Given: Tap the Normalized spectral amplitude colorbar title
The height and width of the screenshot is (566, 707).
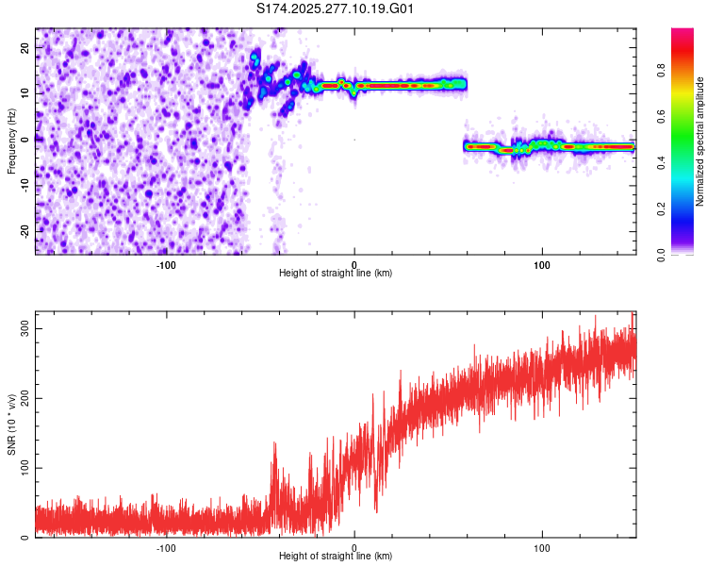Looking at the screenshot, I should pos(700,141).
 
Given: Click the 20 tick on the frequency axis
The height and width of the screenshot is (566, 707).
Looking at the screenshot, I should pos(25,47).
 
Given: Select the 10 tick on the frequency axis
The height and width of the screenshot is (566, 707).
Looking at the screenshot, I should pos(25,93).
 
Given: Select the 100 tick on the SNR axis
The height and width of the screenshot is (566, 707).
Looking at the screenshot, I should pos(23,468).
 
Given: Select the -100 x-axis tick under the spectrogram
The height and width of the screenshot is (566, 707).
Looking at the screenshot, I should pos(166,263).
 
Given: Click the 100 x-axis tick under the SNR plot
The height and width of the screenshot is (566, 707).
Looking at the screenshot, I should pos(542,546).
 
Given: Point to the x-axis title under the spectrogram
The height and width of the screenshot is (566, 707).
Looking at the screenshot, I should pos(336,274).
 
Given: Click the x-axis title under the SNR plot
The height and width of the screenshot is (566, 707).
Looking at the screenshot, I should pos(336,557).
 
